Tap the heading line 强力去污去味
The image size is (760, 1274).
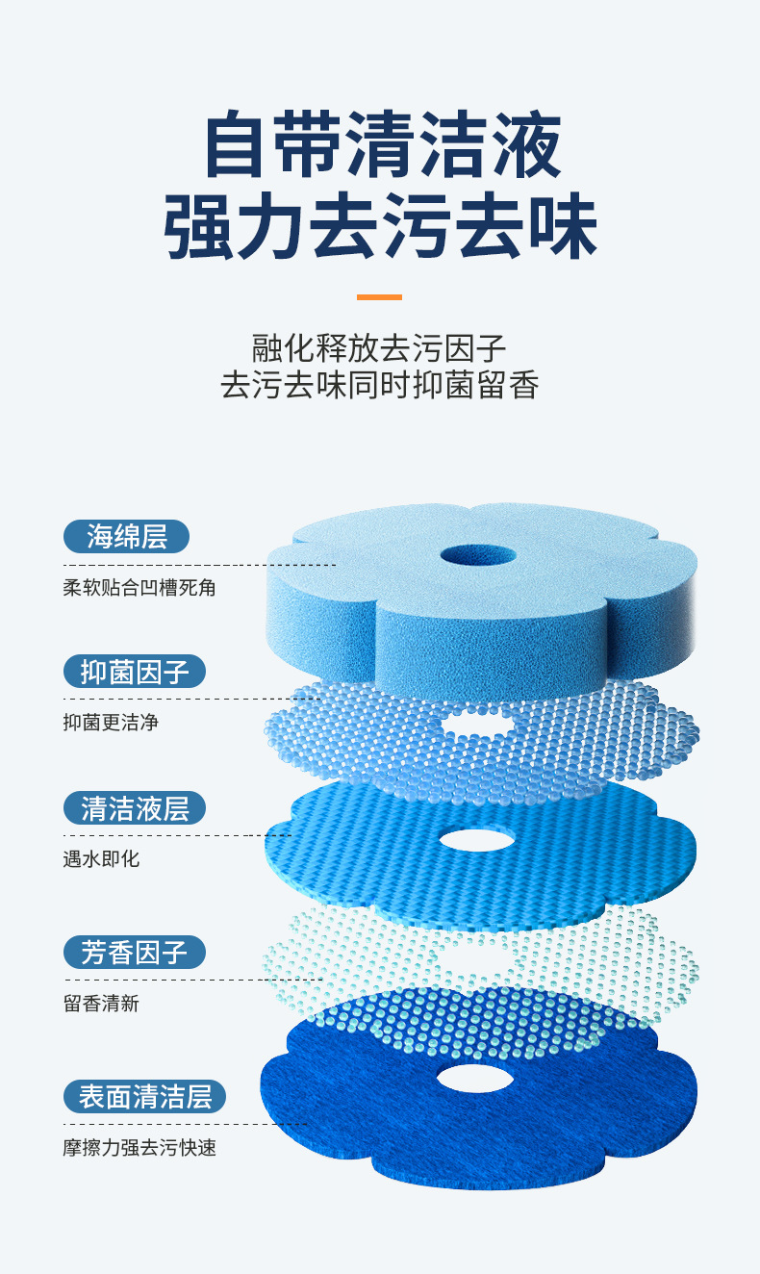click(x=380, y=228)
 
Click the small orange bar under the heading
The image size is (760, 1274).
click(x=379, y=297)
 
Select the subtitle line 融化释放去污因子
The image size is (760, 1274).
click(x=379, y=347)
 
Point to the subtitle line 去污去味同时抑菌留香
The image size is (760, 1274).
click(x=379, y=385)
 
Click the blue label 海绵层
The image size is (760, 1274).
click(x=126, y=537)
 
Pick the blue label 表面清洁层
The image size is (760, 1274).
click(x=144, y=1097)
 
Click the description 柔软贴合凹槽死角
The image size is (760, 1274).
click(x=139, y=587)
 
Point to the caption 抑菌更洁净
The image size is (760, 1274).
click(x=111, y=722)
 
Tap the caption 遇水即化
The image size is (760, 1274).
click(x=101, y=858)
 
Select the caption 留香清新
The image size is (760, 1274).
click(x=101, y=1004)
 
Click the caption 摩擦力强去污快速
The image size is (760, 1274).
click(x=139, y=1148)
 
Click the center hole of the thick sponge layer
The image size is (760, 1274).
click(x=478, y=556)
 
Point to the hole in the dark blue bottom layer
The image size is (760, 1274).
click(x=474, y=1078)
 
